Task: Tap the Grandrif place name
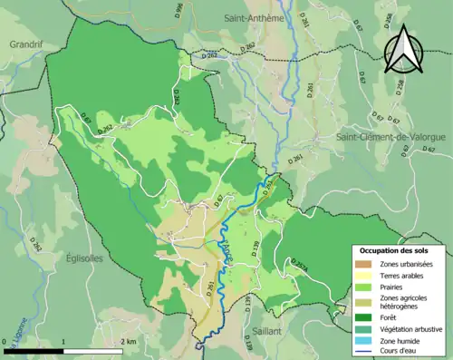coord(27,43)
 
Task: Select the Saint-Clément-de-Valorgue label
coord(390,137)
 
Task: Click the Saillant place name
coord(267,332)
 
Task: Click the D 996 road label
coord(178,12)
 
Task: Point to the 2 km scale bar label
coord(129,342)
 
